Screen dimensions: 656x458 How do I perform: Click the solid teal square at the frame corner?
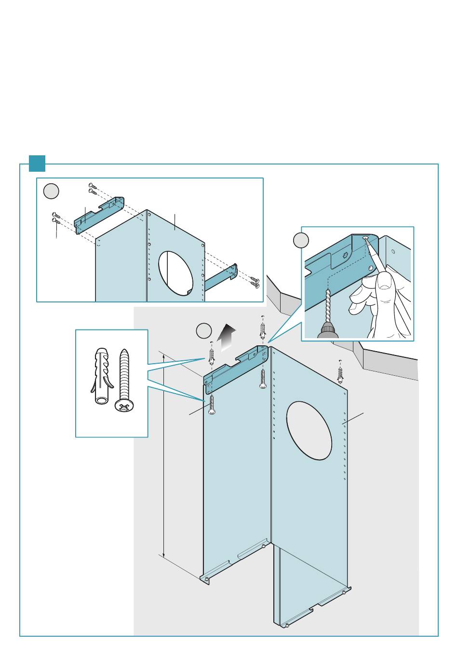coord(37,163)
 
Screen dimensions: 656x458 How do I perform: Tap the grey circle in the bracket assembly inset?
coord(51,191)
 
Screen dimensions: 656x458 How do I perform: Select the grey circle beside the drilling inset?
coord(301,240)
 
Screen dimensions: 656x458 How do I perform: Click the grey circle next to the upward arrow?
coord(204,330)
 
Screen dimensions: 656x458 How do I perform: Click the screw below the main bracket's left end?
coord(211,406)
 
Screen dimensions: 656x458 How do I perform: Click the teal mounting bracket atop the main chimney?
coord(235,367)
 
